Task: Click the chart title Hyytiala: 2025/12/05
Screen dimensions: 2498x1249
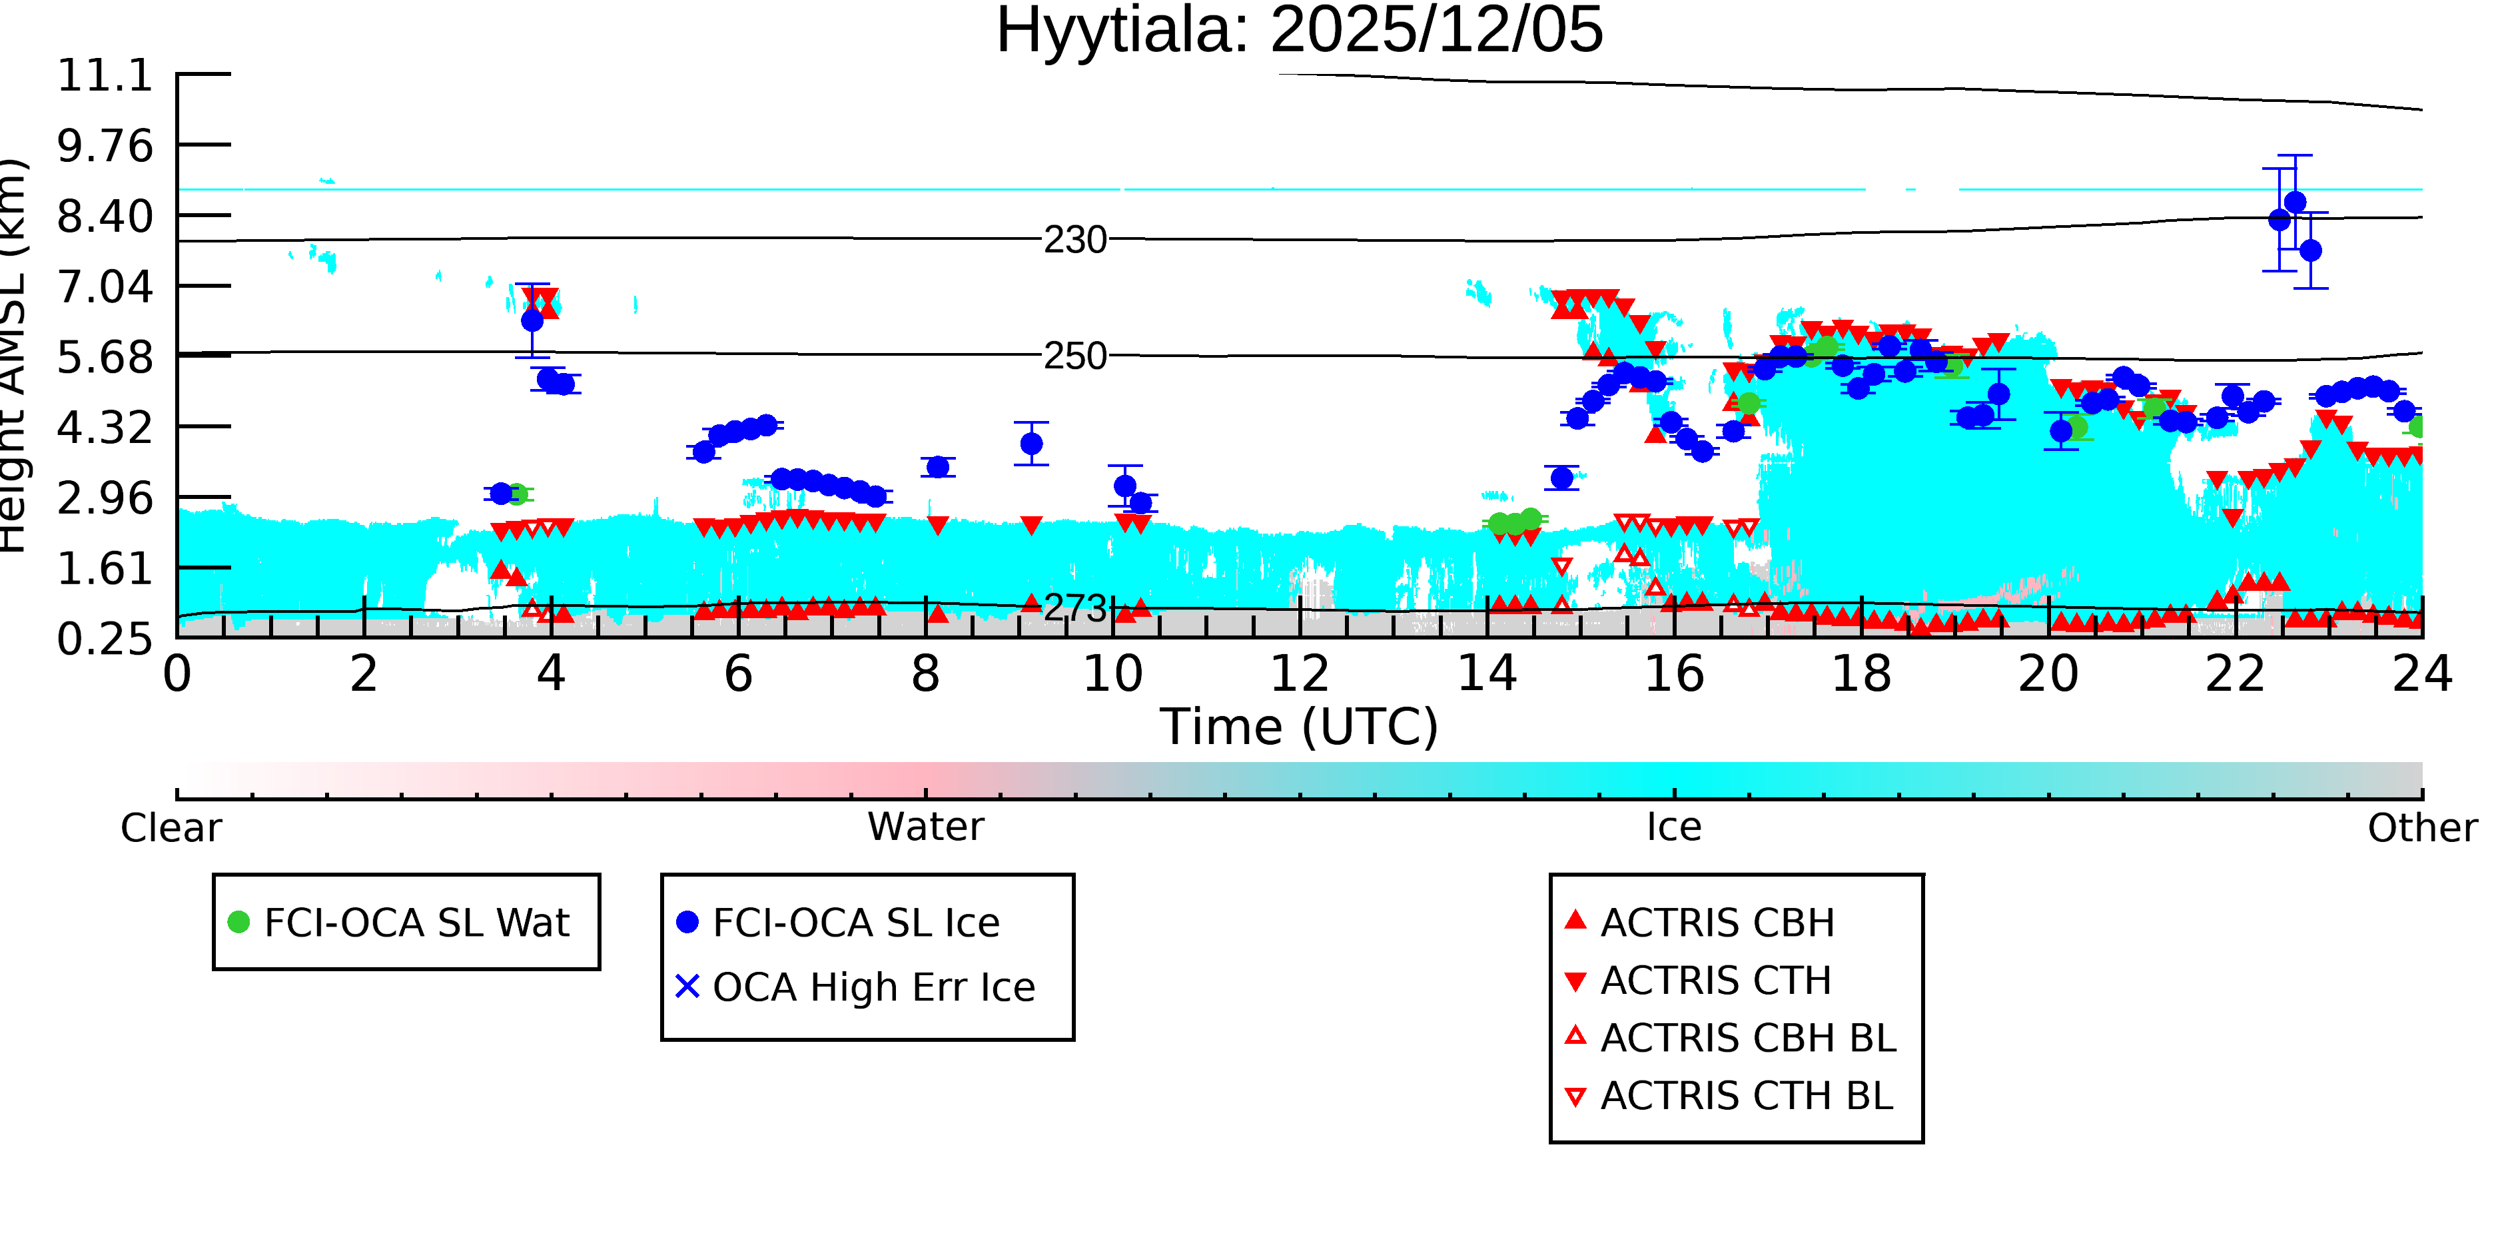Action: pos(1300,31)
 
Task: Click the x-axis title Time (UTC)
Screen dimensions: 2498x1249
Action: pos(1300,726)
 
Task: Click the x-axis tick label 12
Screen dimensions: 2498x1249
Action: pos(1300,674)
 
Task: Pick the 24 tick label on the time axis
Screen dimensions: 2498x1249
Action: pos(2422,674)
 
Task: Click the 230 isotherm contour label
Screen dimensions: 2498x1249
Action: pos(1075,240)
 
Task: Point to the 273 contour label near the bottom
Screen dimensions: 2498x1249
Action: pos(1075,608)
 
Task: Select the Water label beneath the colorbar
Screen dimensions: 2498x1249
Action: pos(926,827)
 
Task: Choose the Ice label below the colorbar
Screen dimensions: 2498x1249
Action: pos(1674,827)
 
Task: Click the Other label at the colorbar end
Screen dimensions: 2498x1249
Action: pos(2422,828)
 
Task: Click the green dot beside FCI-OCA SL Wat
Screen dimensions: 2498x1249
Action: pos(238,922)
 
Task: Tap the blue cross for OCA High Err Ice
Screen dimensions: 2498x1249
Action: pos(687,986)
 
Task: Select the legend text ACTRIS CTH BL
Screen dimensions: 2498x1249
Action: pos(1747,1096)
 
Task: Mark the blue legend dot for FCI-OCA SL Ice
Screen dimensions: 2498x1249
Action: pos(687,922)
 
